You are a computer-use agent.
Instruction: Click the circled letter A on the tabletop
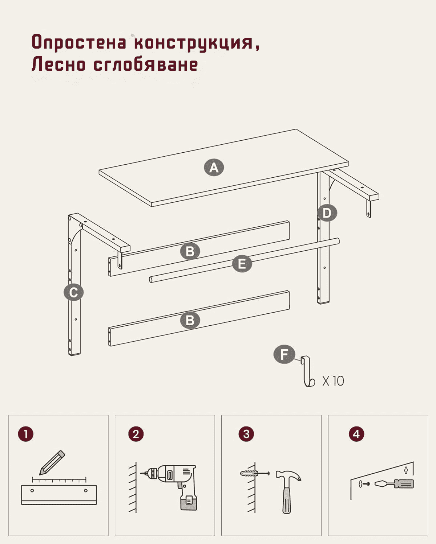click(214, 168)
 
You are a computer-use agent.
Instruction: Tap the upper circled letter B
click(190, 251)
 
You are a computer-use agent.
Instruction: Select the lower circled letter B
click(190, 320)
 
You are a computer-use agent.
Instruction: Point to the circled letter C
click(73, 292)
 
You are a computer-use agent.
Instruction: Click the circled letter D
click(327, 213)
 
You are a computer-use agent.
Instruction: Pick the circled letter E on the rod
click(242, 264)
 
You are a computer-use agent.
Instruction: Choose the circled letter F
click(284, 354)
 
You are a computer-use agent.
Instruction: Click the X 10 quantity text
click(333, 381)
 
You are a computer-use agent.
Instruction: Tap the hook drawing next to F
click(307, 372)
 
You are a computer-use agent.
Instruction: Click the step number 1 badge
click(26, 434)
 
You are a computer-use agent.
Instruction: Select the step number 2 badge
click(136, 434)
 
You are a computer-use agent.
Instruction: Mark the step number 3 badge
click(246, 434)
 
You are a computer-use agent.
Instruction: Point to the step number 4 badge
click(356, 434)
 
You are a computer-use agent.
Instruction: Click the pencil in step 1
click(52, 463)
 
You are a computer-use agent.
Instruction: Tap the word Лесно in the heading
click(58, 65)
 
